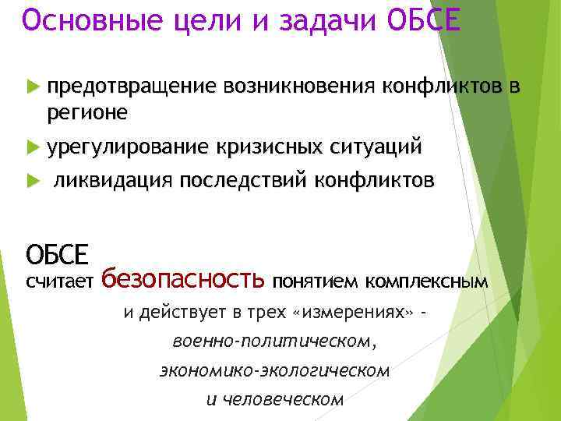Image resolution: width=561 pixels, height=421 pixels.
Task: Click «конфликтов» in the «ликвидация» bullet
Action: [x=374, y=181]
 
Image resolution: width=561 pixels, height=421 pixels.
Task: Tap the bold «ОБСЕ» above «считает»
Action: [x=57, y=253]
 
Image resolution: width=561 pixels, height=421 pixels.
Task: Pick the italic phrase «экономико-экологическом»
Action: [x=273, y=370]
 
